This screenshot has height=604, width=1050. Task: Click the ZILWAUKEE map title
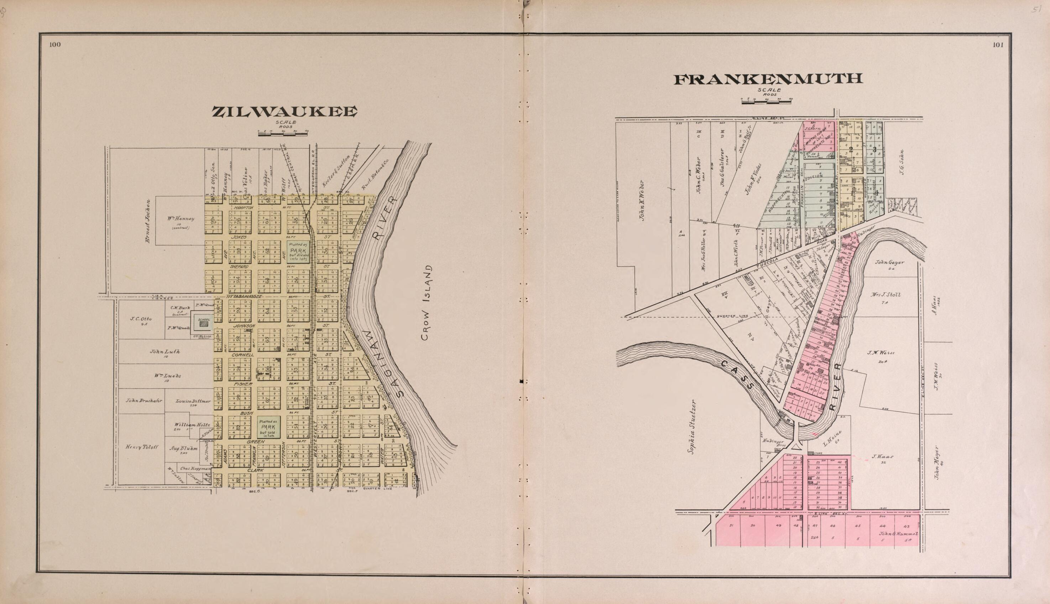coord(285,112)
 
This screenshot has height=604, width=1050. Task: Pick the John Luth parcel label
coord(165,351)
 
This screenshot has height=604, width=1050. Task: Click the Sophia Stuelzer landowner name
coord(690,427)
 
